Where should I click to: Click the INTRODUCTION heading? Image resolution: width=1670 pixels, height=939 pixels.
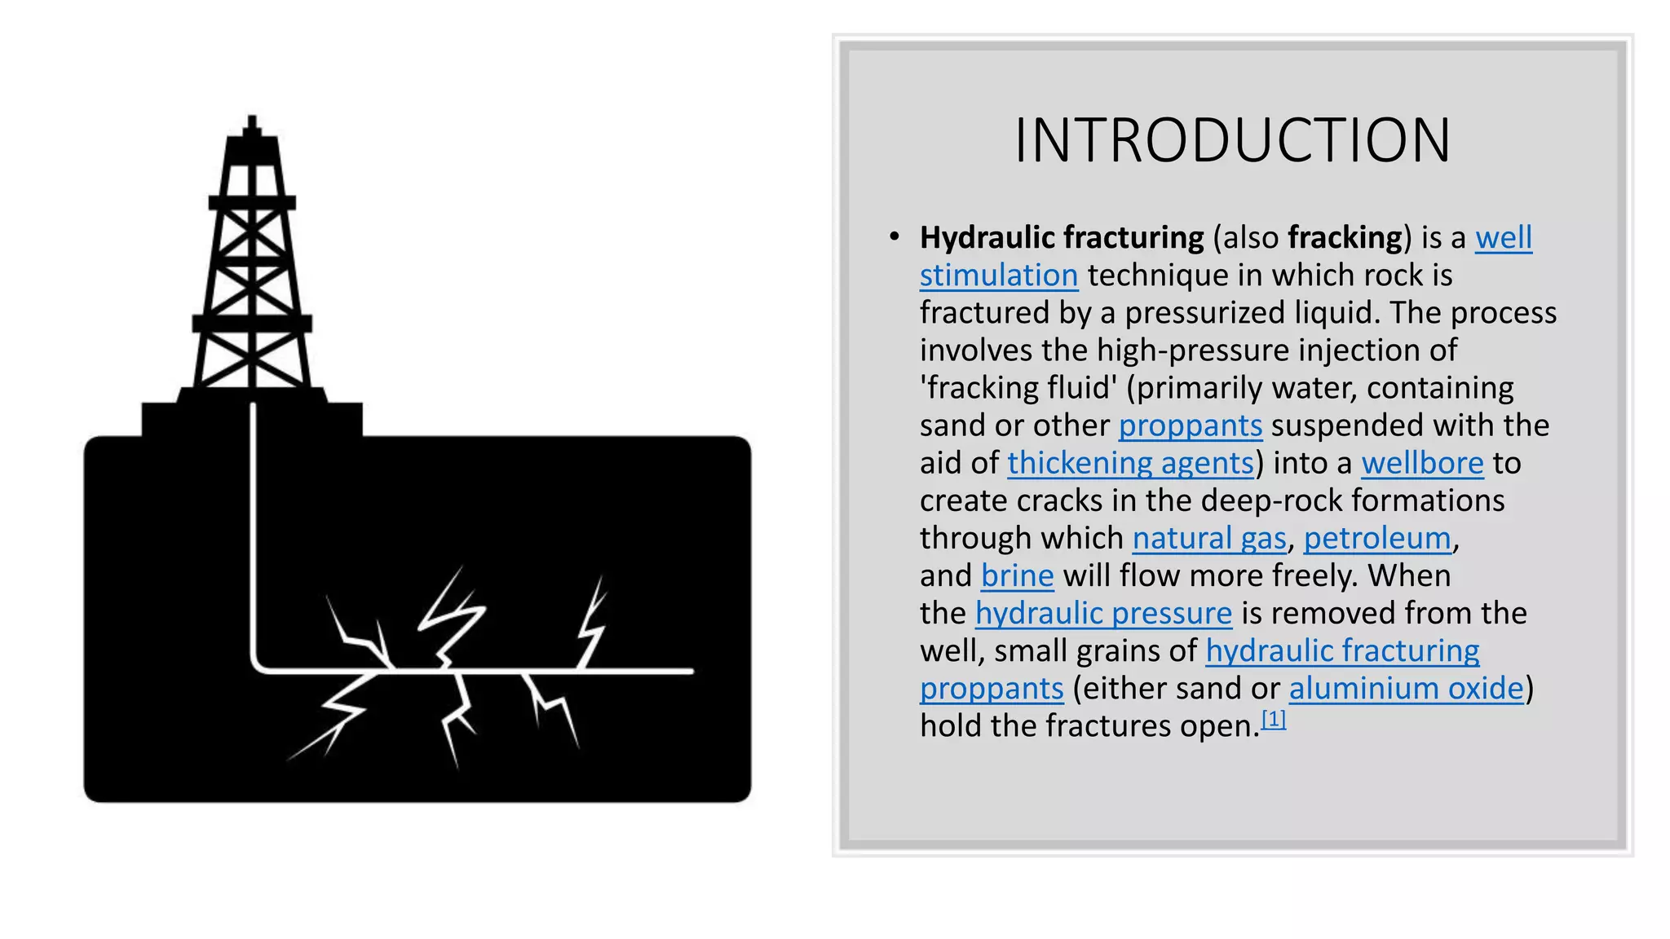tap(1232, 141)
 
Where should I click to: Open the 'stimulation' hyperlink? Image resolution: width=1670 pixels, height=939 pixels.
tap(999, 276)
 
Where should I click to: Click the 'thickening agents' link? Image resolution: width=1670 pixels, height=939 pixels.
tap(1130, 463)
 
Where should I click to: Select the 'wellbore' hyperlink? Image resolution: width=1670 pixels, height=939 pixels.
tap(1422, 463)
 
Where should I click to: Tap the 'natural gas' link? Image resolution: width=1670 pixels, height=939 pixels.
tap(1209, 538)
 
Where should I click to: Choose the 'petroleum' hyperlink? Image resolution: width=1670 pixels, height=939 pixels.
tap(1377, 538)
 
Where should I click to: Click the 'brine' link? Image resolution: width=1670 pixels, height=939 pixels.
tap(1017, 575)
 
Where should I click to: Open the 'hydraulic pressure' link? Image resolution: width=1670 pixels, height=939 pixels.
tap(1103, 613)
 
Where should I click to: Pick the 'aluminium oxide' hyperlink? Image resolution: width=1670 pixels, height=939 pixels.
tap(1406, 688)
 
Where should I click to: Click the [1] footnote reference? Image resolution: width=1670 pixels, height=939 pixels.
tap(1273, 719)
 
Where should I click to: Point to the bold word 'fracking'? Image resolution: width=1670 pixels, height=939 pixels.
tap(1345, 238)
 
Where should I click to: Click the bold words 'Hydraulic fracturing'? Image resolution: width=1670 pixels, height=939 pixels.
tap(1062, 238)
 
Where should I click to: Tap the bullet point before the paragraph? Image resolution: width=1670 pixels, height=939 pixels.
tap(895, 237)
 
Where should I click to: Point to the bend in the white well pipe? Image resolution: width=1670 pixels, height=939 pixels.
tap(258, 664)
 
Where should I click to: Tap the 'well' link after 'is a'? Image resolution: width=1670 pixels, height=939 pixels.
tap(1504, 238)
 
